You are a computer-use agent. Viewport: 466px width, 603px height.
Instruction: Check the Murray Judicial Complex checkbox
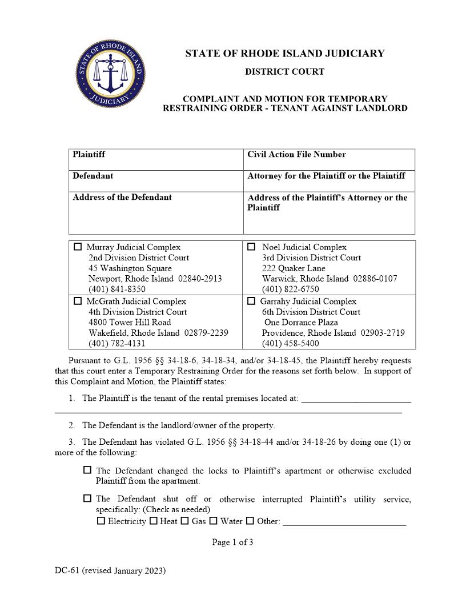78,247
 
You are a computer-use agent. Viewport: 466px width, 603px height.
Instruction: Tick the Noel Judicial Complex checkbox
251,247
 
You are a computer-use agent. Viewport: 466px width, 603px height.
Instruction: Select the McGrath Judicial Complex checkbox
78,301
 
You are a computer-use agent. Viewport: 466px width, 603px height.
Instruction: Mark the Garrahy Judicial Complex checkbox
251,301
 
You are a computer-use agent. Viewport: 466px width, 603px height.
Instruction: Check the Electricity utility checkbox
101,521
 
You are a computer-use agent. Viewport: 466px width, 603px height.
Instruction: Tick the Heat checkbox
154,521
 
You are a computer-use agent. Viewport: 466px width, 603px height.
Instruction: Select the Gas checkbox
185,521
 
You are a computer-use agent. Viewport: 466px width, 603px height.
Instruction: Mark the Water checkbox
214,521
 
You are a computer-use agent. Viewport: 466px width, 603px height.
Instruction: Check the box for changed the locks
87,471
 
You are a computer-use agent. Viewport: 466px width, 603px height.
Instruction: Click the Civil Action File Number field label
296,154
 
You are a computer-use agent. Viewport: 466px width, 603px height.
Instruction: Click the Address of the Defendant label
122,197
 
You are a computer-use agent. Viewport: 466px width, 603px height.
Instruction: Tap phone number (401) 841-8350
116,290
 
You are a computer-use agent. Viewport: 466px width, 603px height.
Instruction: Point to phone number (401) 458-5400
290,344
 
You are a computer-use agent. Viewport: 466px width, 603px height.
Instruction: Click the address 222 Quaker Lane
294,268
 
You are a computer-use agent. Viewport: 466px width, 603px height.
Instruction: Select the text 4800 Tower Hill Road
130,323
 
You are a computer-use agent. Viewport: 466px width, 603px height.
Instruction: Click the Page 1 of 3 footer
232,542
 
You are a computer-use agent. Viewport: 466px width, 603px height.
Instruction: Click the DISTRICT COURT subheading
284,71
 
